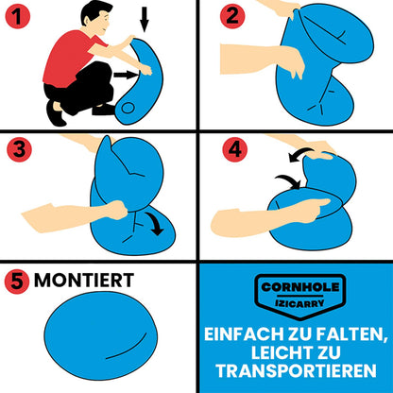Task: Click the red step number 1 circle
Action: click(x=18, y=16)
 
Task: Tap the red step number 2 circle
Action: click(x=232, y=16)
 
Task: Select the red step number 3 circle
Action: click(x=19, y=149)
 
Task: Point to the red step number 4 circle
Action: click(x=235, y=149)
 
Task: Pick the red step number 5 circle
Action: click(x=17, y=282)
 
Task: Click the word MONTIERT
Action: click(x=84, y=280)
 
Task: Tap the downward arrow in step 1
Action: click(x=145, y=20)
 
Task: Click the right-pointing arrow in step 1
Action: click(x=126, y=75)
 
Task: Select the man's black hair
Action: click(x=95, y=11)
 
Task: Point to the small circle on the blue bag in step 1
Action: click(x=128, y=109)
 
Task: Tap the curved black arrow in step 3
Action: click(x=155, y=224)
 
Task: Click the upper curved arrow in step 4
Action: click(x=300, y=154)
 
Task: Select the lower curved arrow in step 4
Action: click(x=289, y=181)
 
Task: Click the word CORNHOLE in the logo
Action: click(x=300, y=287)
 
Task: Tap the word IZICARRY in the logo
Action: click(x=299, y=303)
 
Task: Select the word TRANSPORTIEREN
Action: click(x=296, y=371)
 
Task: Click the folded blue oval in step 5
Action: click(x=101, y=335)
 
